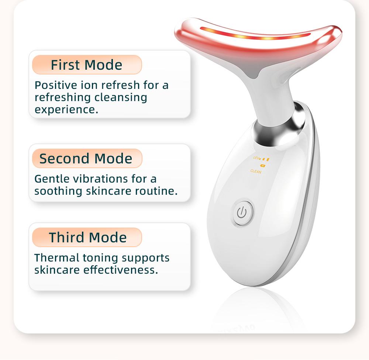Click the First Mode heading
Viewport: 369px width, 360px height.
[86, 65]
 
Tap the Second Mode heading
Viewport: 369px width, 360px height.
[86, 159]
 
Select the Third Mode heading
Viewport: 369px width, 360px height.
[87, 238]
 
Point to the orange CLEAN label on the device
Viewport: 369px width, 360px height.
[256, 172]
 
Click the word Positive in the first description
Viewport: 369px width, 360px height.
[56, 85]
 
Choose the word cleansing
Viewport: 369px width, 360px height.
[120, 97]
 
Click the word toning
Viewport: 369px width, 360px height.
[100, 257]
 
